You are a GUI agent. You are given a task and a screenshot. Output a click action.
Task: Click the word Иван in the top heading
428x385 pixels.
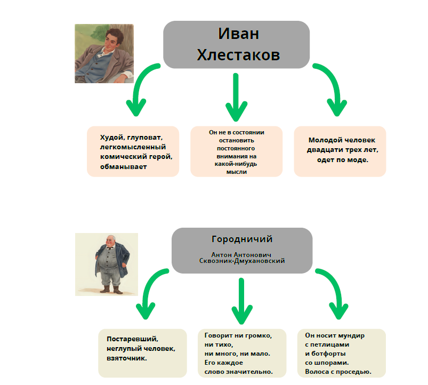pos(238,34)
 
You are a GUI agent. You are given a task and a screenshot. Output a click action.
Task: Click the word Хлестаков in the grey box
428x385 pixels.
pos(238,54)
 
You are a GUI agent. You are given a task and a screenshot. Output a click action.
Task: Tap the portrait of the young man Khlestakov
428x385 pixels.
pos(104,53)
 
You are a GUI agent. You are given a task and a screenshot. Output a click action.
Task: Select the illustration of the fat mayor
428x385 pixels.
pos(107,264)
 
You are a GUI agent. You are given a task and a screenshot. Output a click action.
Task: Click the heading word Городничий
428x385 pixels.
pos(242,239)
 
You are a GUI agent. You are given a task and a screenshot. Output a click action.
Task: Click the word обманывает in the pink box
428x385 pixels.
pos(124,167)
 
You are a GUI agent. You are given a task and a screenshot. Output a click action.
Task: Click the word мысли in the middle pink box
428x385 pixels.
pos(236,172)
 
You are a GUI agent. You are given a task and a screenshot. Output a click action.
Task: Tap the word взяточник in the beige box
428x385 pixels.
pos(127,358)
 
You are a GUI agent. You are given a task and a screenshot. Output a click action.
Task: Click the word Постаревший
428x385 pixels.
pos(133,339)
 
